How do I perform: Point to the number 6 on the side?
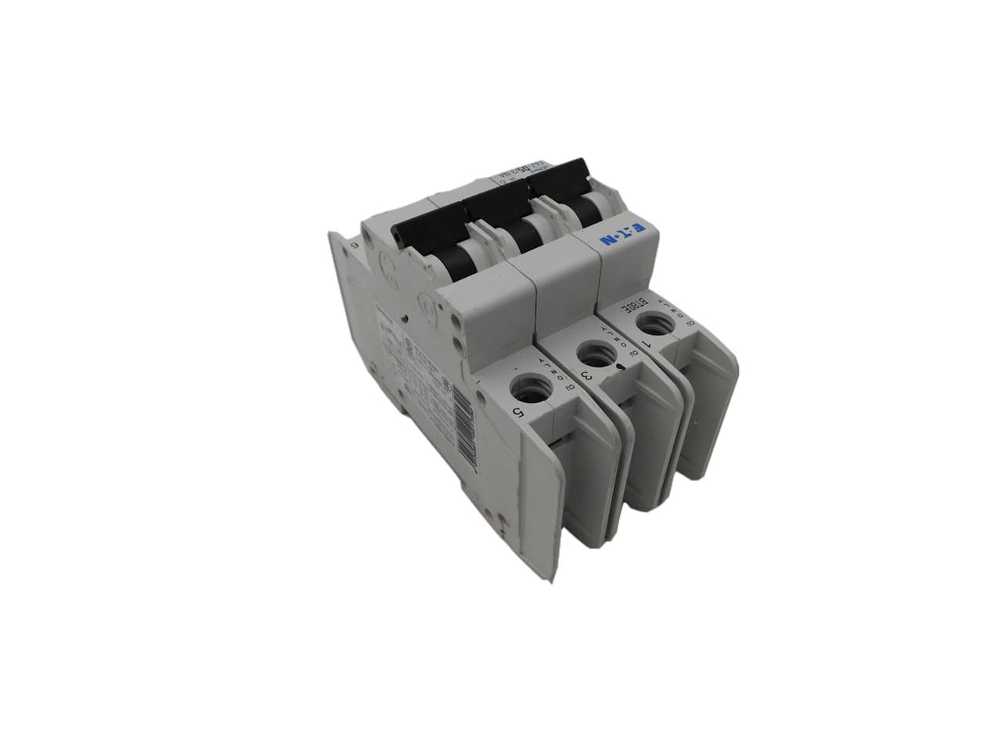(x=355, y=245)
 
